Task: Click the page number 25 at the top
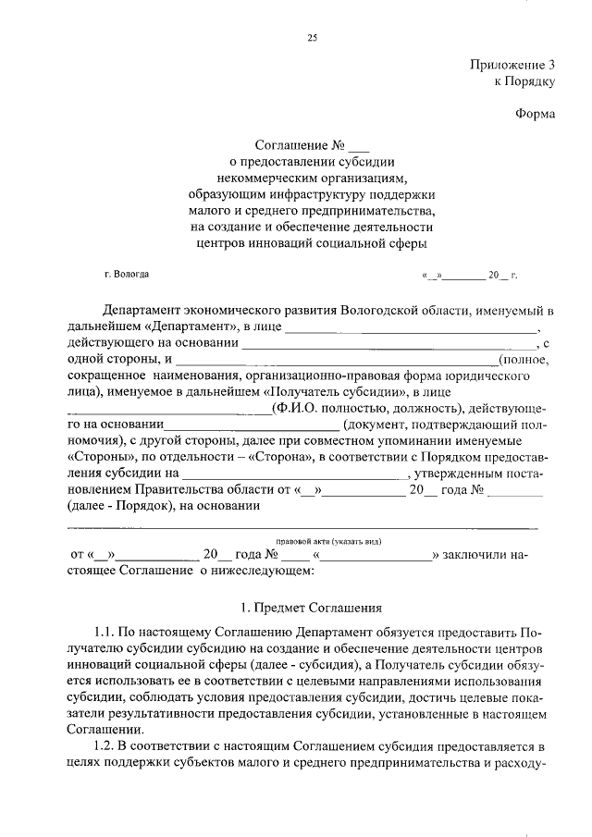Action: tap(312, 37)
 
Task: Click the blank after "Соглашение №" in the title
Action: tap(360, 145)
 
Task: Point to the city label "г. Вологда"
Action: tap(126, 275)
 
